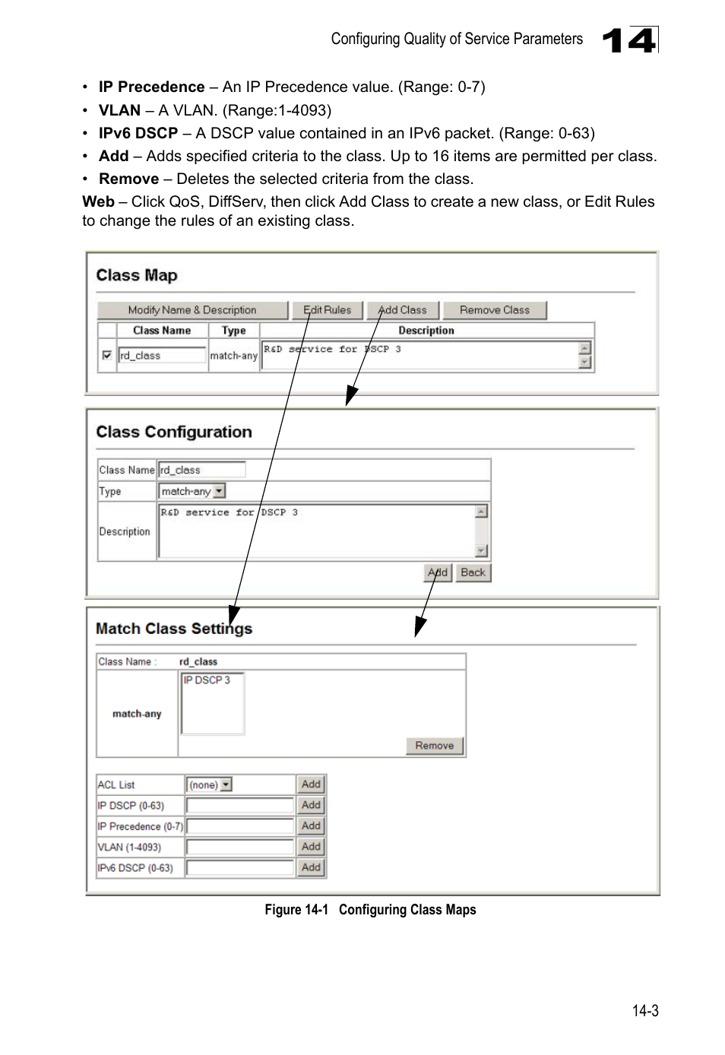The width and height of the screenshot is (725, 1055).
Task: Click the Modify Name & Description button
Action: coord(192,310)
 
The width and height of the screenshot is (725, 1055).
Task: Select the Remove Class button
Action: coord(494,310)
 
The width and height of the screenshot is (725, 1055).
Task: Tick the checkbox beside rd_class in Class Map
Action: coord(107,355)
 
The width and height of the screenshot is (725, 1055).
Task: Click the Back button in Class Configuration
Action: coord(473,572)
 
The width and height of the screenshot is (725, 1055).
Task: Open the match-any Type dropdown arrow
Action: coord(219,492)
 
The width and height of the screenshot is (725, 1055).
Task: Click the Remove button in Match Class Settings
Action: coord(434,746)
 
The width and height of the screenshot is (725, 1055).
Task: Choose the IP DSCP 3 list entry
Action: coord(207,680)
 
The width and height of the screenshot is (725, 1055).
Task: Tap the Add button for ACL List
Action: coord(311,784)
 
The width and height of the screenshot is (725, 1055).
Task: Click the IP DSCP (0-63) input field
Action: coord(240,806)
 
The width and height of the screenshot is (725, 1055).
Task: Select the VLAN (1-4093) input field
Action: coord(240,847)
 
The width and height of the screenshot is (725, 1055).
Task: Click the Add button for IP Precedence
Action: coord(311,826)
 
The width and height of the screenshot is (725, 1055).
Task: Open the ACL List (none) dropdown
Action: coord(210,784)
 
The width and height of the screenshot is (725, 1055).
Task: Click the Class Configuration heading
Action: coord(174,432)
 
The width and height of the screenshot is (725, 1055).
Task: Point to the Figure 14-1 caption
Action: coord(370,910)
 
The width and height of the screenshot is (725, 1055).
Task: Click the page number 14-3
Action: coord(644,1011)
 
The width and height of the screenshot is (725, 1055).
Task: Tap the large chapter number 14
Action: coord(629,40)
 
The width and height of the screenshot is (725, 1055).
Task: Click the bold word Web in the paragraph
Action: coord(98,202)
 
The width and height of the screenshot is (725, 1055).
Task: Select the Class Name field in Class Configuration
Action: coord(202,470)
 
